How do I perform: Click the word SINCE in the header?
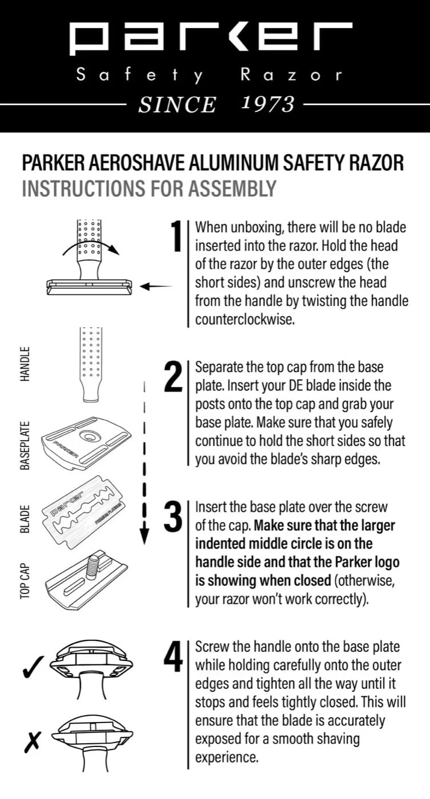click(x=177, y=104)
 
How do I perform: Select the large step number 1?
click(x=177, y=237)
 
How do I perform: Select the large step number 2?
click(x=173, y=377)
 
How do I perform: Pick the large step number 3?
click(x=173, y=517)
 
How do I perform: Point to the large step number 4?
click(x=173, y=656)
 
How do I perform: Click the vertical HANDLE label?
click(x=26, y=365)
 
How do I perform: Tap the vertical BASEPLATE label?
click(x=26, y=446)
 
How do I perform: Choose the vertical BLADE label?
click(x=26, y=519)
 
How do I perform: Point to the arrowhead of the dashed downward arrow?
click(x=144, y=536)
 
